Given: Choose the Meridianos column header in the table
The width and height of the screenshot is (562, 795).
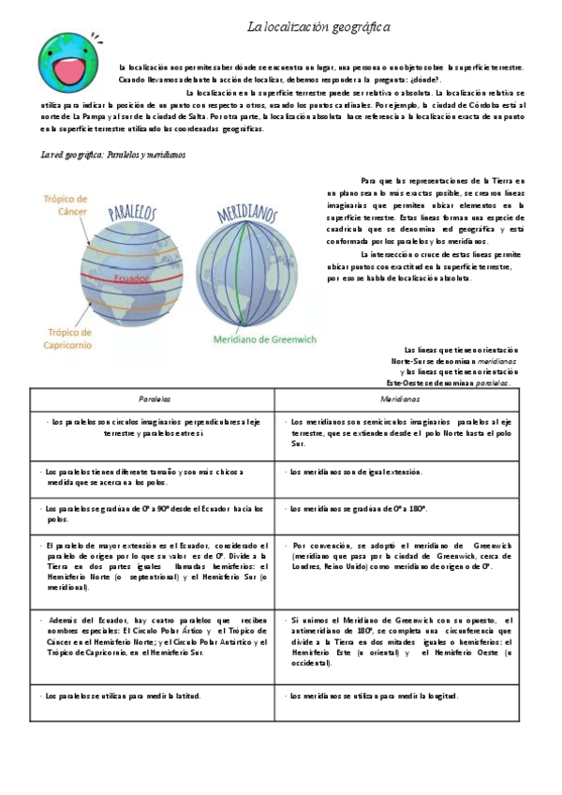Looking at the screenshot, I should coord(400,398).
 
